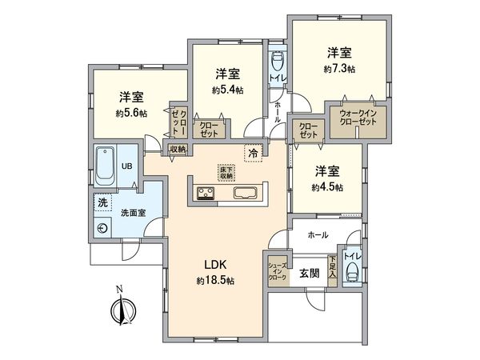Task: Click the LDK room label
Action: pyautogui.click(x=215, y=266)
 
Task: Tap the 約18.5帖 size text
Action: pyautogui.click(x=215, y=281)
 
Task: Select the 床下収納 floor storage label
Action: pyautogui.click(x=226, y=172)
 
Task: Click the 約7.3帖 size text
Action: pyautogui.click(x=339, y=69)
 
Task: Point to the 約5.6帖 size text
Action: pyautogui.click(x=131, y=113)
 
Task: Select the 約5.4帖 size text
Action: pyautogui.click(x=228, y=90)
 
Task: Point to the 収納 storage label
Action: pyautogui.click(x=177, y=149)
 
